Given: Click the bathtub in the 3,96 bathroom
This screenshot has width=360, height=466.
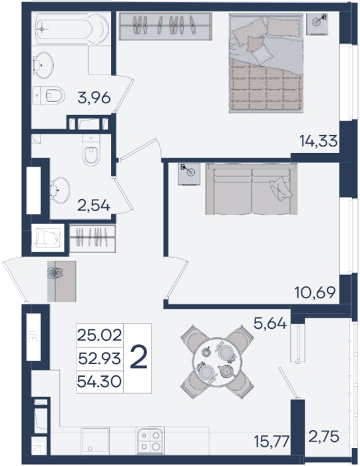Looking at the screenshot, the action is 72,29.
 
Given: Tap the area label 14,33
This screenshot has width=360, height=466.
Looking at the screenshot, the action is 319,141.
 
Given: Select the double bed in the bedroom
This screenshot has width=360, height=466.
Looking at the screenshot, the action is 266,63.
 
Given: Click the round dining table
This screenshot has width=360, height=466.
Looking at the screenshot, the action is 216,361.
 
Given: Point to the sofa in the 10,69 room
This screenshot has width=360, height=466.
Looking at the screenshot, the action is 252,189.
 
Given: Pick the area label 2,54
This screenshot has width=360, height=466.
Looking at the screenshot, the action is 94,205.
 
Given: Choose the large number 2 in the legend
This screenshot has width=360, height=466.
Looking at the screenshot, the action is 138,358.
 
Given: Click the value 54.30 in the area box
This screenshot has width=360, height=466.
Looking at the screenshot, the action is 99,381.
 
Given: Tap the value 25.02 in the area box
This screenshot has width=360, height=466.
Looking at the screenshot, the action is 99,336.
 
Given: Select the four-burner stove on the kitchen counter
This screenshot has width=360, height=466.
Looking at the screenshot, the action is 150,441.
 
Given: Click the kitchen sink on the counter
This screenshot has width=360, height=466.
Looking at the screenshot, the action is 95,441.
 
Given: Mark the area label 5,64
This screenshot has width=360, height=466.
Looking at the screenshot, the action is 270,323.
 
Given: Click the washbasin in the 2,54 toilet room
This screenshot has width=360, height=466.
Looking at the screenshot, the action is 60,190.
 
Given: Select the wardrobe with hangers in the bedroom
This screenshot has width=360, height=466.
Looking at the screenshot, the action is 166,26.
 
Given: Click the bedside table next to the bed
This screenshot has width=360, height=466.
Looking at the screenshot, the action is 317,24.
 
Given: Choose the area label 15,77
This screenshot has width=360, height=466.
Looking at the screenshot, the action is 271,441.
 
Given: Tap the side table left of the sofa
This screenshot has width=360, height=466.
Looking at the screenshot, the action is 189,174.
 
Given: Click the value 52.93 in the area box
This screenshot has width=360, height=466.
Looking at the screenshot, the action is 99,359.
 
